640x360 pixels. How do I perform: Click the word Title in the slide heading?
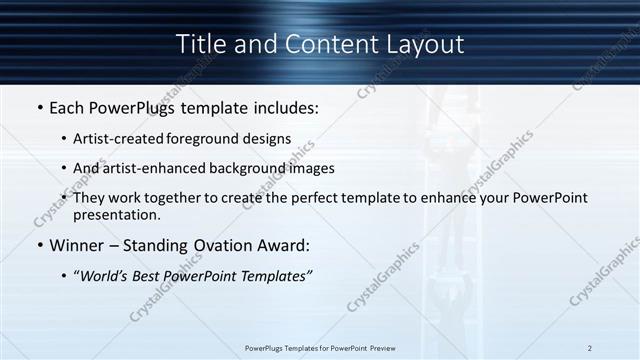click(x=200, y=44)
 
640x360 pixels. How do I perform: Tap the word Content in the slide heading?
click(x=319, y=44)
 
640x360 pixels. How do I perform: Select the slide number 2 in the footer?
click(x=589, y=347)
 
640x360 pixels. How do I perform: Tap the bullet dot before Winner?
click(x=39, y=246)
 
